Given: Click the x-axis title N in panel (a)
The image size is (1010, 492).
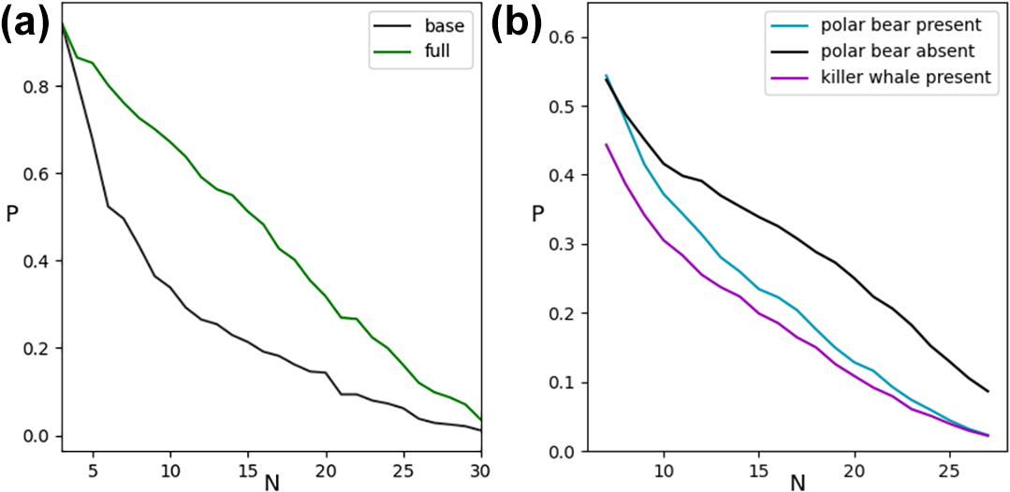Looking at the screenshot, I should (271, 482).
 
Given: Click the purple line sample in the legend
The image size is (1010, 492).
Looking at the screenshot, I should (785, 77).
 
